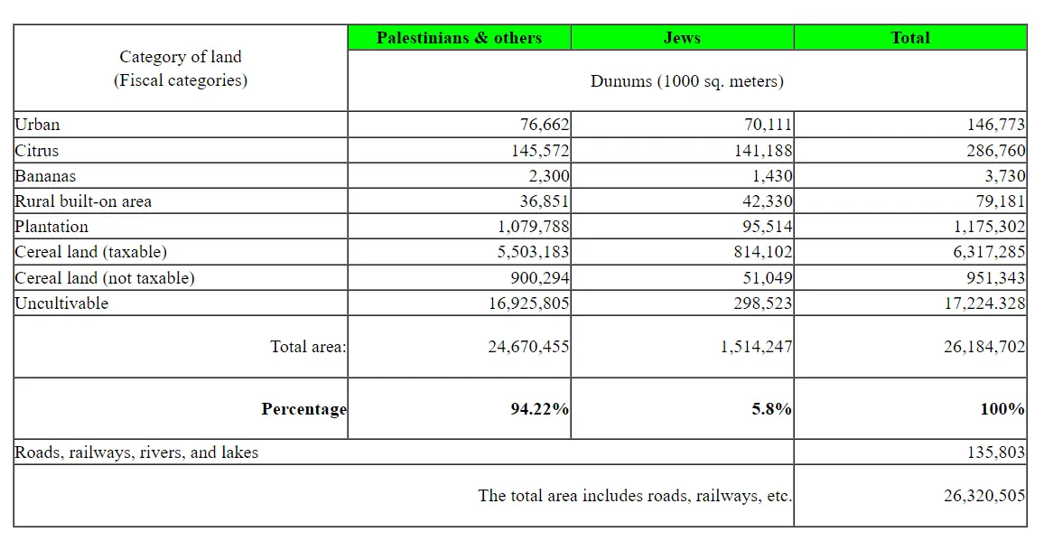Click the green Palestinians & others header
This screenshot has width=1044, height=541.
459,38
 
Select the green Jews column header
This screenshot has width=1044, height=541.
682,38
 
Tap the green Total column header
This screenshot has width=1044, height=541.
909,38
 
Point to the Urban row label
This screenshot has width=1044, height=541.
37,125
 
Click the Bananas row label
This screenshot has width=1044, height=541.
45,176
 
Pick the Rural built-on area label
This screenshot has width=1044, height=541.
83,201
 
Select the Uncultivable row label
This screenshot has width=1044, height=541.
61,303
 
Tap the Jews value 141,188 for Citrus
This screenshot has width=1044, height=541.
763,151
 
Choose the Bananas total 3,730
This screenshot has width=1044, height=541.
1001,176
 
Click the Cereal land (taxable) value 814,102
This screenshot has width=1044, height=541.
763,252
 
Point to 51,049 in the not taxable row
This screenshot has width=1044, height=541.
767,278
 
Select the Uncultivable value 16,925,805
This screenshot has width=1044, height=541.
529,303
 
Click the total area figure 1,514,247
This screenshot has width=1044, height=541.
757,346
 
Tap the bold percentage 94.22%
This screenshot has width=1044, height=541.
540,409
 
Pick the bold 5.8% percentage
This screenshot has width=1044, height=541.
772,409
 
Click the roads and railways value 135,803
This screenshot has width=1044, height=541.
996,452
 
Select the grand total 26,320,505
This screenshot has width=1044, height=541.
984,496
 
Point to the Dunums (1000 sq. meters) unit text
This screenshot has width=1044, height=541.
686,81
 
